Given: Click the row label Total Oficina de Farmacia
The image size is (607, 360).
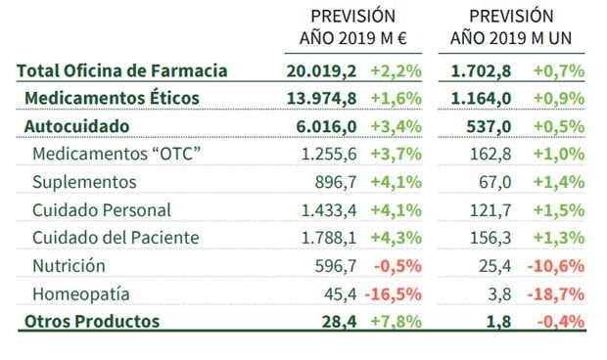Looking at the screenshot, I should [122, 70].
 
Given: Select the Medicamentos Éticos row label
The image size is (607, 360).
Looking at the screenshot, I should [112, 98].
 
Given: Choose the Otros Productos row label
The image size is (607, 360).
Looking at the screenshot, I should [91, 321].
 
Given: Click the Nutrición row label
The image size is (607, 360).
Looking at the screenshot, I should [70, 265].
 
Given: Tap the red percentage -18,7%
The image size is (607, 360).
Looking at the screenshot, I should [557, 293].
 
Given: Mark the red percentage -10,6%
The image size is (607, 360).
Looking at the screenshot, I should [557, 265].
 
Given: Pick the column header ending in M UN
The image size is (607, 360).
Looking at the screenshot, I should [511, 27].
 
